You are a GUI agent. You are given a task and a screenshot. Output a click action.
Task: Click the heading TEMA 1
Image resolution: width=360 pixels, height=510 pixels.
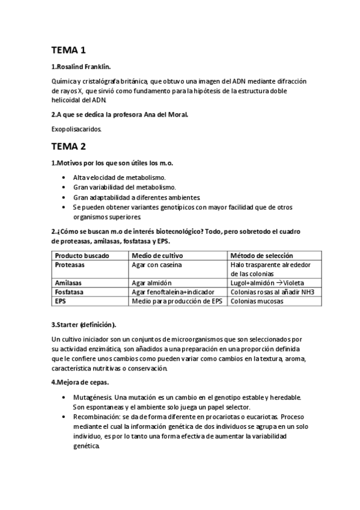[69, 51]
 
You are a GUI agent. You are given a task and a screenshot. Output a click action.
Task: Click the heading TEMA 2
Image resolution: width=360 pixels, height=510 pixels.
[69, 146]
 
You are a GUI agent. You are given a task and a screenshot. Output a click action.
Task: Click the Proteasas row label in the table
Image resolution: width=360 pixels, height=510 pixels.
[70, 264]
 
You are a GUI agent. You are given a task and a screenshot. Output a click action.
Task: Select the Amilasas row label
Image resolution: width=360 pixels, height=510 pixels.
[69, 282]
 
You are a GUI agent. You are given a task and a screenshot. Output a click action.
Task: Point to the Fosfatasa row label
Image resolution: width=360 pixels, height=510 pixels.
[70, 292]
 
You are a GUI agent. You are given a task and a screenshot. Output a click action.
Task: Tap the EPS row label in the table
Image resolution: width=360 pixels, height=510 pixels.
[60, 301]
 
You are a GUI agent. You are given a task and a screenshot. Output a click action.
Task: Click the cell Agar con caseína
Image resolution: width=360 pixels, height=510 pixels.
[157, 264]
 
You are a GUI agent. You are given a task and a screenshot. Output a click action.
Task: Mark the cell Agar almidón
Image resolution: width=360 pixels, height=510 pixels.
[151, 283]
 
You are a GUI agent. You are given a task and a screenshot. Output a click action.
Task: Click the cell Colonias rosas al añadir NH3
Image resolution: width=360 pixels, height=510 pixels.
[272, 292]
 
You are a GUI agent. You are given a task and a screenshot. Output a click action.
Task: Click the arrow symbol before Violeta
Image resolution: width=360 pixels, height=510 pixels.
[279, 283]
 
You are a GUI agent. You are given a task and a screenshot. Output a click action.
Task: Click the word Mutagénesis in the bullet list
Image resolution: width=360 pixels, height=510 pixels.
[93, 398]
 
